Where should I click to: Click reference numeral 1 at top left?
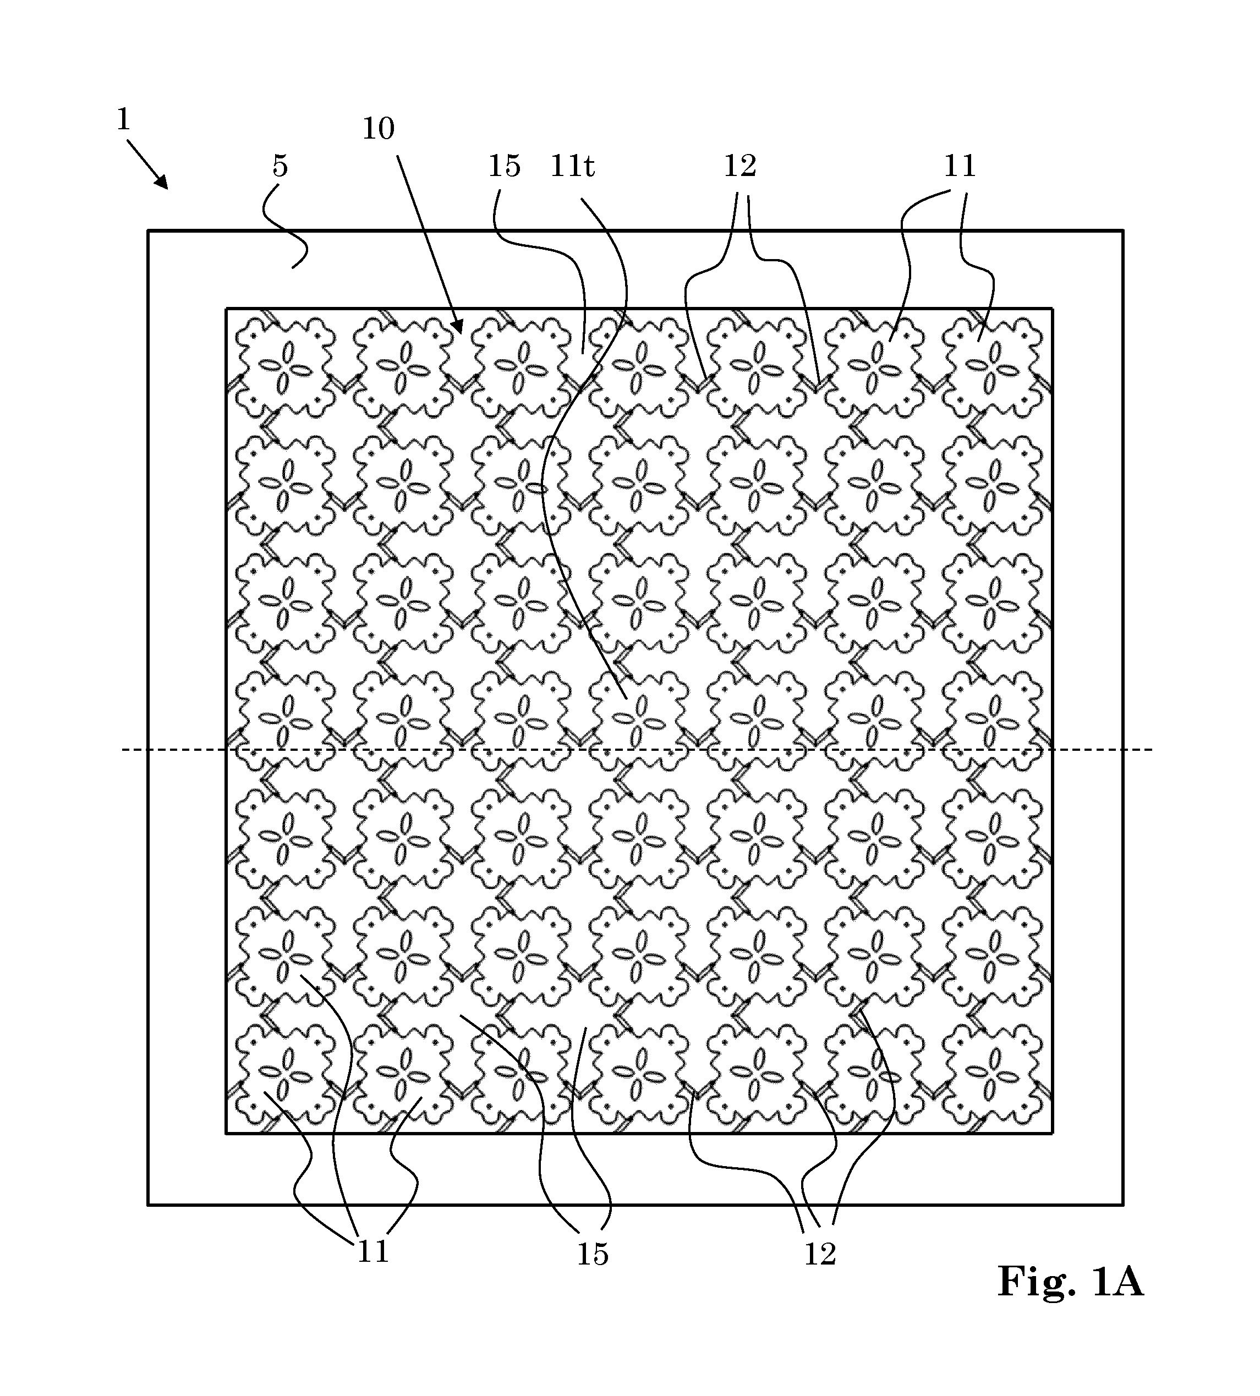click(x=123, y=120)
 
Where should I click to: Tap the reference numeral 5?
click(x=280, y=166)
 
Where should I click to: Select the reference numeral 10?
click(x=379, y=129)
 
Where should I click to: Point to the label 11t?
click(x=572, y=166)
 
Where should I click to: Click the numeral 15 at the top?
click(x=504, y=166)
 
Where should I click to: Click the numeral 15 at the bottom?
click(x=593, y=1254)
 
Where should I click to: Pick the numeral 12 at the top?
click(x=740, y=166)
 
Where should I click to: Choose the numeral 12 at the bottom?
click(x=820, y=1254)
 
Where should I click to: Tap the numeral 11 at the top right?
click(x=960, y=166)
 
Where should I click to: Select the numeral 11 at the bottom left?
click(x=372, y=1251)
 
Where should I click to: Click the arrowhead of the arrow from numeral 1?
click(x=161, y=182)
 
